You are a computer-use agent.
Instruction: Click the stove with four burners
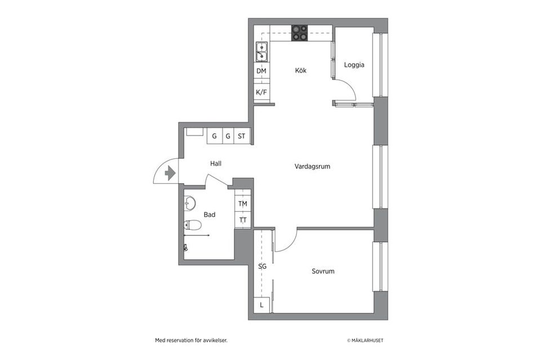299,33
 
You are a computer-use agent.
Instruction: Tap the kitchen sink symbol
261,51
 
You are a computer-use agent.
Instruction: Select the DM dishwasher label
261,71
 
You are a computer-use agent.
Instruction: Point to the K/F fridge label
261,92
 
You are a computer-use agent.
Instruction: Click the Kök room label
301,71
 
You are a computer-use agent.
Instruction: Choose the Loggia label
354,65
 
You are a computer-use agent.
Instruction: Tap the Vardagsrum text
312,167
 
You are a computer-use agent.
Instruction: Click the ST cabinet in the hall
242,136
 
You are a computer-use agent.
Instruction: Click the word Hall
216,164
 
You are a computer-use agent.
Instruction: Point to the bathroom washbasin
190,202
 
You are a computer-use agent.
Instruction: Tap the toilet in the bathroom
192,225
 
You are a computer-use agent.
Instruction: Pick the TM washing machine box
242,204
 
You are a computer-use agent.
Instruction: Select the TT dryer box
242,220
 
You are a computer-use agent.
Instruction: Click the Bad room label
210,215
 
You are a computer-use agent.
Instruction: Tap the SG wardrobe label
262,266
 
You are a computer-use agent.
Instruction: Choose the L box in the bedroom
262,305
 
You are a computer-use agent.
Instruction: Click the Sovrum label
323,272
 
